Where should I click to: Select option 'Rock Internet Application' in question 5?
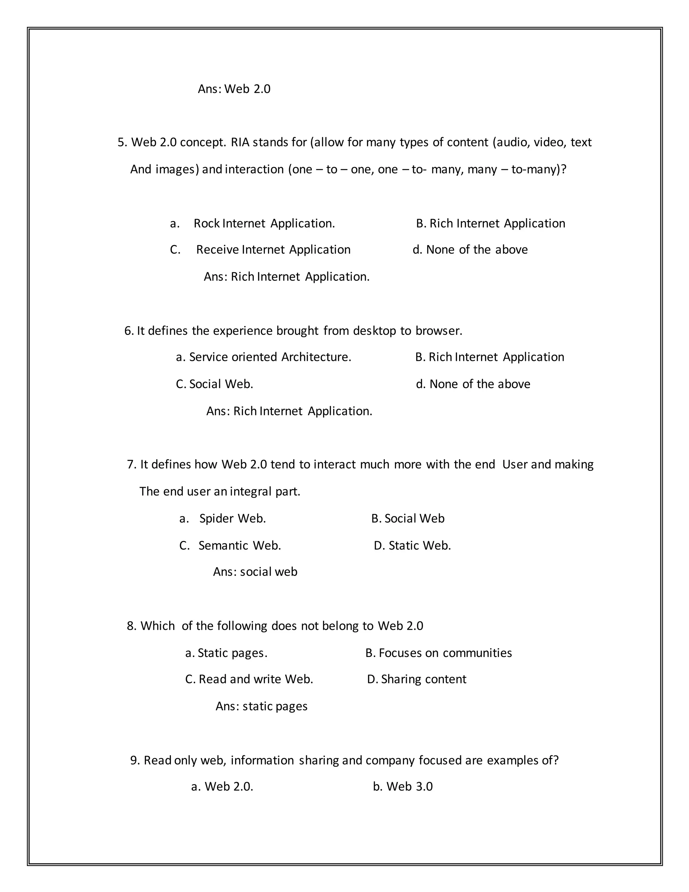[x=264, y=224]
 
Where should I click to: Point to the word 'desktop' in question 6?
[x=374, y=331]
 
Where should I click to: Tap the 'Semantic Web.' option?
[x=240, y=546]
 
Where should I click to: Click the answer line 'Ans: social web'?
[x=255, y=572]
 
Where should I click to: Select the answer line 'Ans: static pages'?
[x=261, y=706]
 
